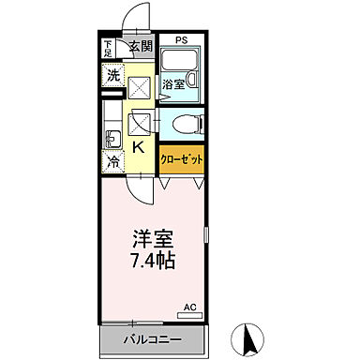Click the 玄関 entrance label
pos(140,46)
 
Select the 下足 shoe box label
pos(109,48)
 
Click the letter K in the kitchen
pos(137,147)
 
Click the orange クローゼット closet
pos(181,159)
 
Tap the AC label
pos(189,307)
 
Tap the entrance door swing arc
pos(139,17)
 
